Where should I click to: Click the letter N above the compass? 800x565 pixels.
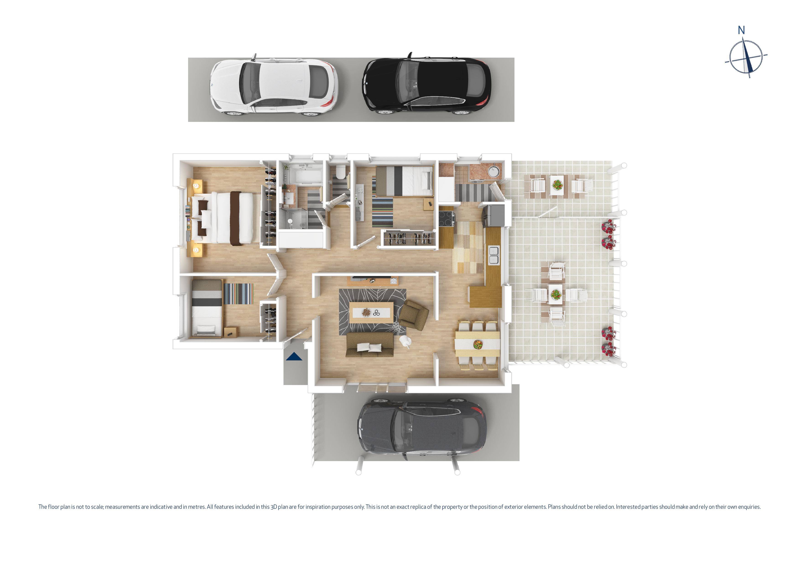click(741, 31)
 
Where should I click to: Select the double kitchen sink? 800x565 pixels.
click(493, 255)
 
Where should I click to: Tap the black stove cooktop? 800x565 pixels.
click(446, 215)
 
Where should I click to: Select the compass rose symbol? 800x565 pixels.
click(746, 57)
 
